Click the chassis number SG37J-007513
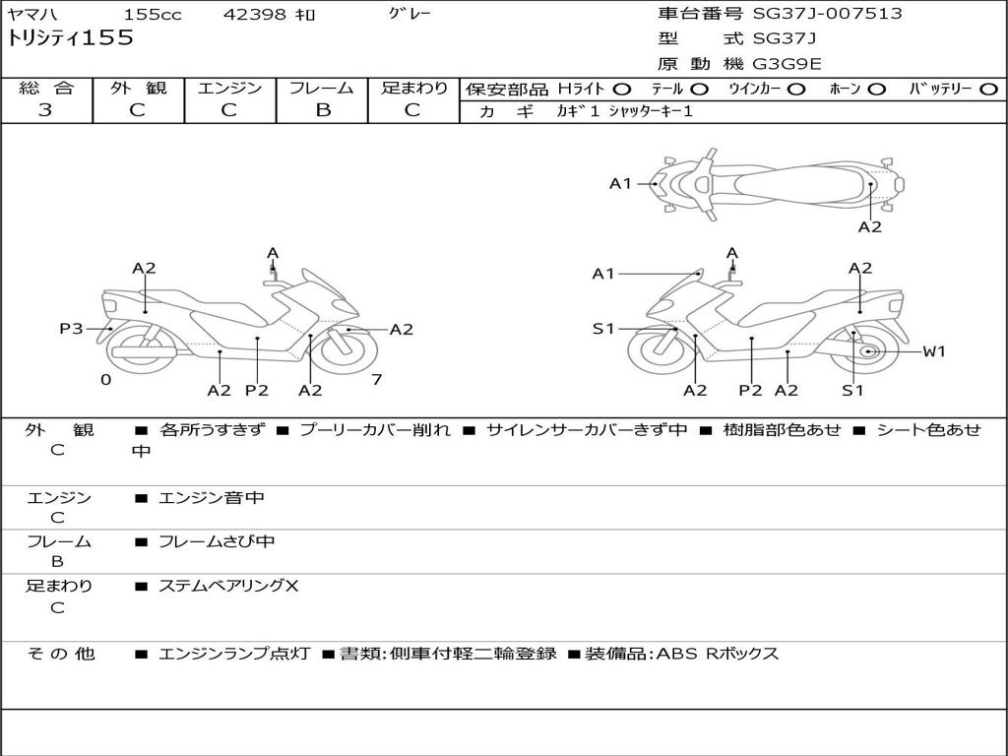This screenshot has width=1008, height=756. tap(827, 14)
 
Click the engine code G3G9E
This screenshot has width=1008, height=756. tap(787, 64)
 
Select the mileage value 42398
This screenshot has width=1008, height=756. tap(255, 15)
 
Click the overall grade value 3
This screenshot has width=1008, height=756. tap(45, 109)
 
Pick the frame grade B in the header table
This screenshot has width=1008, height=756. tap(322, 109)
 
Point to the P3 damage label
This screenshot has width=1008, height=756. tap(71, 329)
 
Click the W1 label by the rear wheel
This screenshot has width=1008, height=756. tap(933, 351)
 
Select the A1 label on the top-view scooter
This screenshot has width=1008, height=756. tap(620, 183)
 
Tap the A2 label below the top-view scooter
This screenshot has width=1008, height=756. tap(869, 226)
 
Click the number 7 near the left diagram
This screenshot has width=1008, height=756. tap(376, 379)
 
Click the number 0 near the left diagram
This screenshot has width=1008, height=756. tap(105, 379)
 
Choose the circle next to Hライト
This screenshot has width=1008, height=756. tap(622, 89)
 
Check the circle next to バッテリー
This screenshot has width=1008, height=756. tap(987, 89)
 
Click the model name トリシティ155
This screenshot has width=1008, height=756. tap(71, 39)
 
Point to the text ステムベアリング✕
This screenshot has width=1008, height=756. tap(228, 586)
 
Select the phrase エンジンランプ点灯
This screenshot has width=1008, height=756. tap(234, 654)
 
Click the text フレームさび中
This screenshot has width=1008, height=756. tap(217, 541)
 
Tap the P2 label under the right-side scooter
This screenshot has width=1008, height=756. tap(750, 390)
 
